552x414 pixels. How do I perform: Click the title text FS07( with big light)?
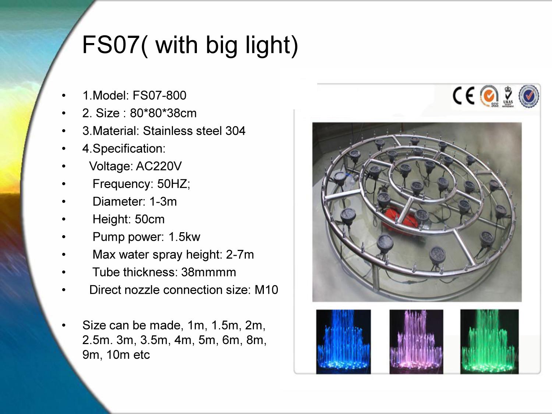coord(190,45)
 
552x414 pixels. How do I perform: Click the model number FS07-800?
coord(159,95)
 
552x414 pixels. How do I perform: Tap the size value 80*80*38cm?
coord(163,113)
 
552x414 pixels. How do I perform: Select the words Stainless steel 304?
coord(194,131)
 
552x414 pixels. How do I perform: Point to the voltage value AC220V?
coord(159,166)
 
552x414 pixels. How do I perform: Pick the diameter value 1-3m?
coord(163,202)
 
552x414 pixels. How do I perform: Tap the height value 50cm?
coord(150,219)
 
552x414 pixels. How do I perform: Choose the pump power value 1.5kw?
coord(184,237)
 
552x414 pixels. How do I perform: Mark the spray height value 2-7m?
coord(240,255)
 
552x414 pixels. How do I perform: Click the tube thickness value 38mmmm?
coord(209,272)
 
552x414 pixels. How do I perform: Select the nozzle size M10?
coord(266,290)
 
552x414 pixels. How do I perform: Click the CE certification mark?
coord(463,96)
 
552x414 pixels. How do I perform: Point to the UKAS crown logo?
coord(508,96)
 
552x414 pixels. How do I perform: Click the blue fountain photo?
coord(343,342)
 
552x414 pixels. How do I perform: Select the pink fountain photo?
coord(417,342)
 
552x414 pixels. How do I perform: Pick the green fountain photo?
coord(489,342)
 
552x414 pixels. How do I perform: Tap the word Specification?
coord(129,149)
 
